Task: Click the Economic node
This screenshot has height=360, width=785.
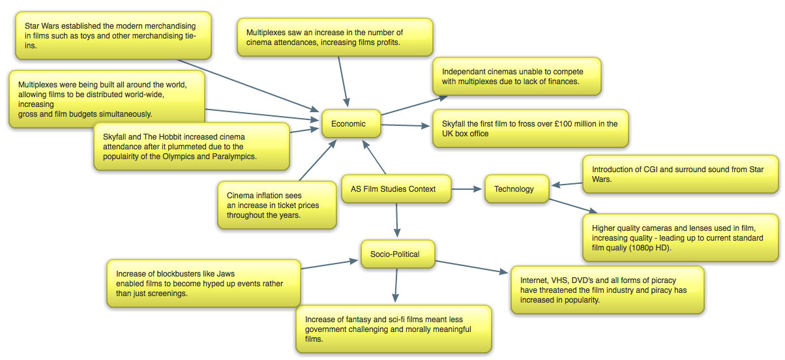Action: coord(349,123)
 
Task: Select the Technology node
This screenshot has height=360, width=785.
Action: coord(514,189)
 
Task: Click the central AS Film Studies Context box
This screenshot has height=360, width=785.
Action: coord(397,189)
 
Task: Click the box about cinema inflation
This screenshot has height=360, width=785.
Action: coord(276,205)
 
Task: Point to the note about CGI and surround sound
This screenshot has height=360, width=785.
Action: coord(680,174)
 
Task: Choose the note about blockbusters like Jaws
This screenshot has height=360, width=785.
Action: coord(203,284)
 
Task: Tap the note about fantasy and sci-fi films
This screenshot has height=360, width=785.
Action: coord(393,329)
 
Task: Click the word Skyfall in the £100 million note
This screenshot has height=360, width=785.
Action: coord(454,123)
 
